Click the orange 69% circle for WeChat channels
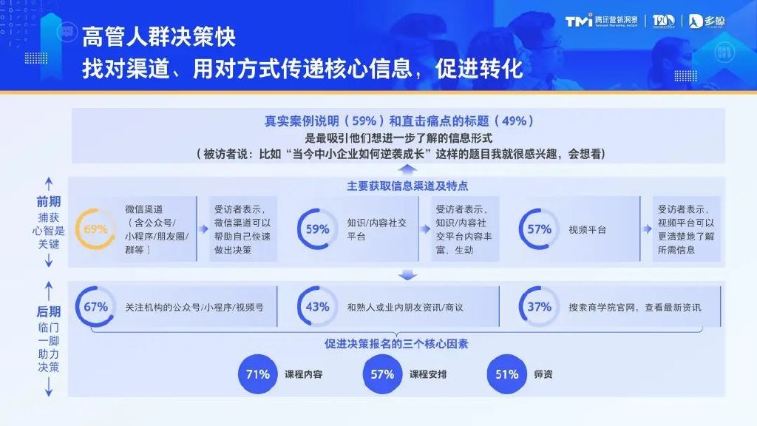(x=96, y=229)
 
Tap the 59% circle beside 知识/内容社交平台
(x=317, y=229)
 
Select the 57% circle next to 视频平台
(x=540, y=229)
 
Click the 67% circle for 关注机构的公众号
(x=96, y=306)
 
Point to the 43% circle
(x=317, y=306)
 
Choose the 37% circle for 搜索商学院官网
(x=540, y=306)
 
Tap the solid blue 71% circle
(x=258, y=374)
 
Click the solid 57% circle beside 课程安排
(x=382, y=374)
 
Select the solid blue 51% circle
(x=507, y=374)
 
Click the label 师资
(x=543, y=374)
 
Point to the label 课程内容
(x=304, y=374)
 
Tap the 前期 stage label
(x=49, y=201)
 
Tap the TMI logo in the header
(x=579, y=21)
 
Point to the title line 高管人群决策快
(x=159, y=37)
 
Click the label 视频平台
(x=588, y=229)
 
